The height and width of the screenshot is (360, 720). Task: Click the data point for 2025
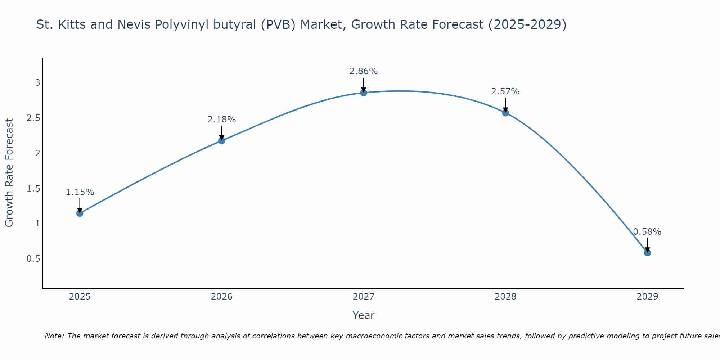coord(80,213)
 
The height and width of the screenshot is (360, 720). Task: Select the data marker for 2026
coord(222,140)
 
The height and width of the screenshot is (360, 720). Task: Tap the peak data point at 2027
coord(364,93)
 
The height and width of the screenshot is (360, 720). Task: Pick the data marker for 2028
coord(505,113)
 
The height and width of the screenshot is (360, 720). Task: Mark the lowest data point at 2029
coord(647,253)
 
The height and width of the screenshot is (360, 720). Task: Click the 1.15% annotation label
coord(80,192)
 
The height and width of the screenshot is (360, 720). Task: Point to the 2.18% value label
coord(222,120)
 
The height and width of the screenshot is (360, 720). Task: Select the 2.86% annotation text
coord(364,71)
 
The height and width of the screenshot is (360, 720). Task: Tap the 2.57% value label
coord(505,91)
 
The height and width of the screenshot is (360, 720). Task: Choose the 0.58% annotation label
coord(647,232)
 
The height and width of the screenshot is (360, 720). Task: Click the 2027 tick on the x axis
coord(364,297)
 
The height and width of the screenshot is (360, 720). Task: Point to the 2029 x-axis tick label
coord(647,297)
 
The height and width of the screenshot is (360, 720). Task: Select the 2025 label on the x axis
coord(80,297)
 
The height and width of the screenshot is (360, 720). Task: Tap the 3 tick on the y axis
coord(37,83)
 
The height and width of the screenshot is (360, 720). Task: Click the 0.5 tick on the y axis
coord(33,259)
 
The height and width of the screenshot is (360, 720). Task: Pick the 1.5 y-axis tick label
coord(33,189)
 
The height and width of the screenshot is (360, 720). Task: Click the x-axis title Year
coord(364,315)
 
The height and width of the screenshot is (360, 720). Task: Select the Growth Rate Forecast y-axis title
coord(9,173)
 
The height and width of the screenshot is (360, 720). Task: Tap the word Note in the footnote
coord(54,336)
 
